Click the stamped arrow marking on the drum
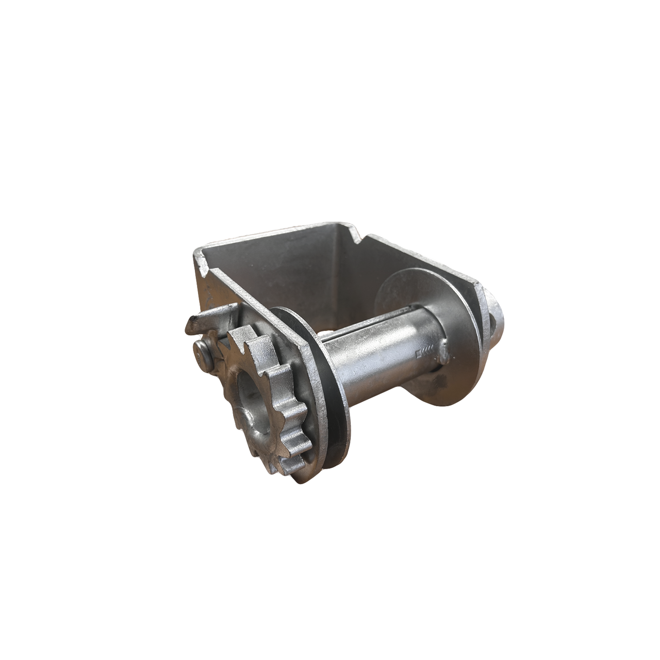(422, 353)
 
